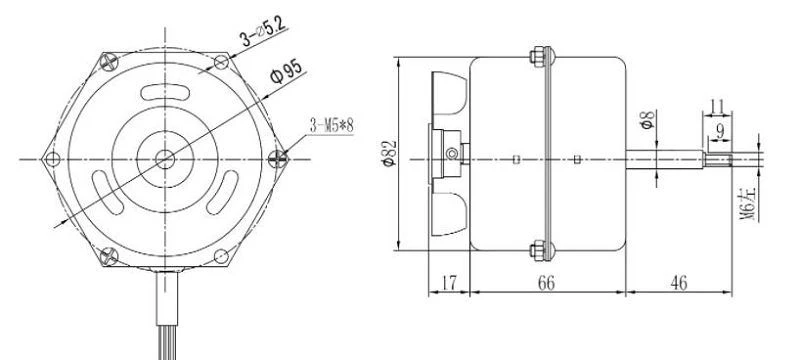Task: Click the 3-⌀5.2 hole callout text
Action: click(x=264, y=31)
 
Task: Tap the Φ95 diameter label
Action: click(x=286, y=71)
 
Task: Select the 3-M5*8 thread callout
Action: click(x=331, y=125)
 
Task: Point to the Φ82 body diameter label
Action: click(x=389, y=153)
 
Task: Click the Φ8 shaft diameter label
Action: click(x=647, y=120)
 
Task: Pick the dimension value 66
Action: click(x=546, y=282)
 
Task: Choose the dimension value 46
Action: click(x=679, y=282)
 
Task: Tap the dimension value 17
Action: click(x=448, y=282)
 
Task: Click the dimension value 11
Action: click(x=717, y=107)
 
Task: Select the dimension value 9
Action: click(x=720, y=132)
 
